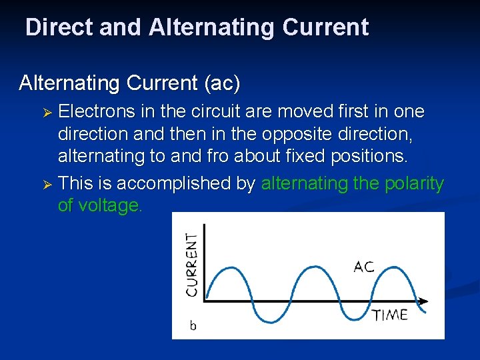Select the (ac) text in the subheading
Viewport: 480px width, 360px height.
tap(223, 83)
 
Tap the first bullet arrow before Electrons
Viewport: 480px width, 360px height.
tap(47, 111)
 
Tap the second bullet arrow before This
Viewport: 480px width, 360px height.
tap(47, 185)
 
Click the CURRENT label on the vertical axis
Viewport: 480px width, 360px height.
tap(192, 264)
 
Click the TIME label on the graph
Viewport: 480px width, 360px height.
tap(389, 315)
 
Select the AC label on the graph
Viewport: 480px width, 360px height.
tap(364, 267)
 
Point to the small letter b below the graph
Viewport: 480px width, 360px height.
tap(193, 326)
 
